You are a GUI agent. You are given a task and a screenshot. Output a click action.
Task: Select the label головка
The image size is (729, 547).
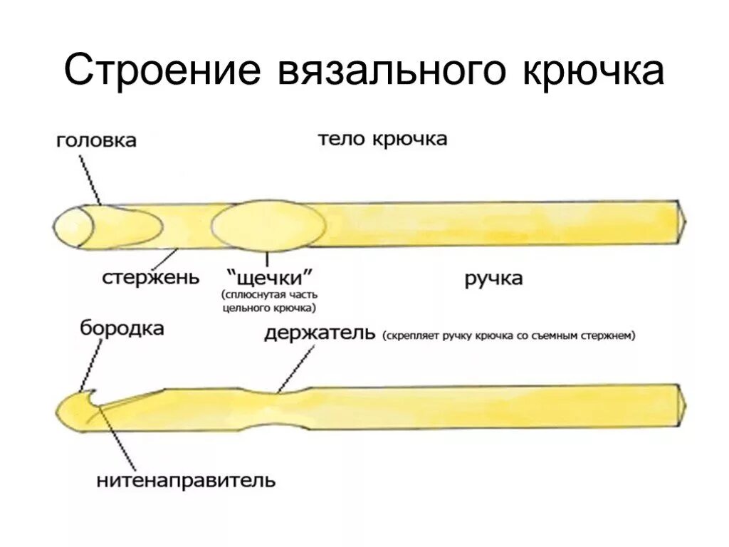tap(97, 140)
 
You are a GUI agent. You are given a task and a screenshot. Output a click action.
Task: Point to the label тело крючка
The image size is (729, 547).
tap(382, 138)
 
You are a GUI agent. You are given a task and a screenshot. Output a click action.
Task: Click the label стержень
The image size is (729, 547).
tap(150, 276)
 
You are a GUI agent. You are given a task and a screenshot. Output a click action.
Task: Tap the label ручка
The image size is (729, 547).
tap(493, 278)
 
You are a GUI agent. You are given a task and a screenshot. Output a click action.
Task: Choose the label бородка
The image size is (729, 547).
tap(122, 328)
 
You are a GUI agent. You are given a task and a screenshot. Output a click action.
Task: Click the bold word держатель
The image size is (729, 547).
tap(319, 333)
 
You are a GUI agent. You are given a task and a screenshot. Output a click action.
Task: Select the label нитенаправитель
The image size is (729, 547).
tap(186, 480)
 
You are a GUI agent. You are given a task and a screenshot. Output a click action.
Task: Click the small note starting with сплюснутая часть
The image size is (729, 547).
tap(268, 301)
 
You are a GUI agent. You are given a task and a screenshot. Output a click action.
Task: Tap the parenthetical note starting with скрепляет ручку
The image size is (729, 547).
tap(508, 335)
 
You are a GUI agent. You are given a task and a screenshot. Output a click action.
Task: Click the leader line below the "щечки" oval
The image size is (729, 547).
tap(268, 259)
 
